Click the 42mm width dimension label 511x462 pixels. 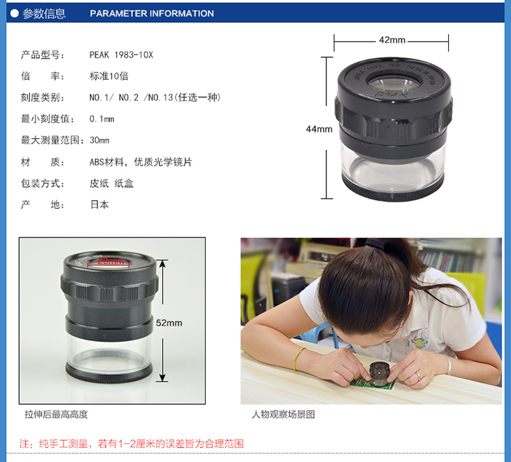click(392, 40)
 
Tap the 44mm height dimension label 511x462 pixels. click(319, 129)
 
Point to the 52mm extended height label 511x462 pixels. click(169, 323)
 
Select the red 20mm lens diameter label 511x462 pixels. click(111, 261)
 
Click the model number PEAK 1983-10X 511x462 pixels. click(121, 54)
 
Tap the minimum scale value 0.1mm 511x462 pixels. click(102, 119)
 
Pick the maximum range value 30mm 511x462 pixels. click(99, 140)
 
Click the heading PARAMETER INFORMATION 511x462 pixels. click(152, 14)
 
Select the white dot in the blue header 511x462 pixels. click(14, 14)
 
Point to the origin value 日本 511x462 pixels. click(99, 205)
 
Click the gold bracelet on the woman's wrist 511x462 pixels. click(298, 359)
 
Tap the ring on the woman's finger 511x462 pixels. click(419, 377)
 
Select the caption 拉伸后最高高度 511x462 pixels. click(57, 414)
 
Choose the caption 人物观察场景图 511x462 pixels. click(283, 414)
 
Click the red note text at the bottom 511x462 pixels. click(131, 444)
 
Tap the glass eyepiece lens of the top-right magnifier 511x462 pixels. click(394, 83)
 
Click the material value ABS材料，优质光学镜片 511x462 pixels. click(141, 162)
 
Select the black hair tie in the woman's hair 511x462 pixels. click(374, 244)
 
